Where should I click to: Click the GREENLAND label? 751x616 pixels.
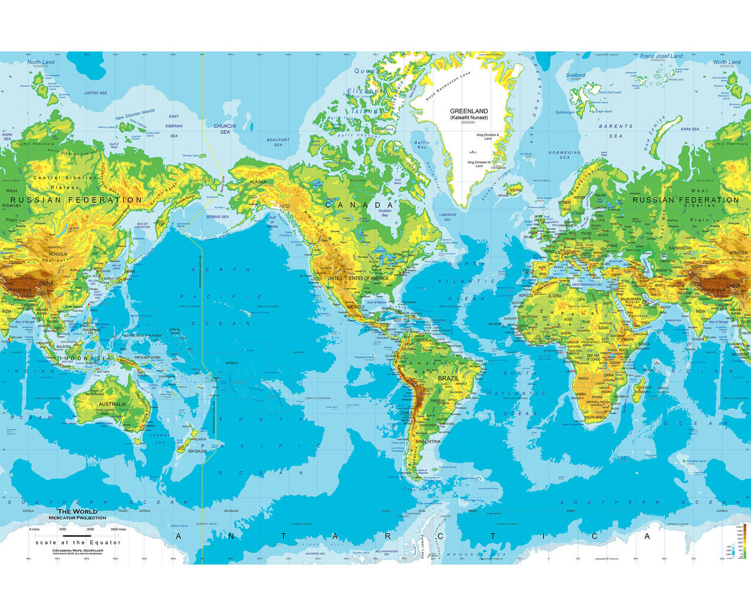pos(469,111)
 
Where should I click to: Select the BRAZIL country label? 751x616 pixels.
pos(448,379)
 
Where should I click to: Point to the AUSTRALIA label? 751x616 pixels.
pos(112,404)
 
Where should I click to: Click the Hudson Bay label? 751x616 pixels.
pos(385,213)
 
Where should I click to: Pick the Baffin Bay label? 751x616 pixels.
pos(422,144)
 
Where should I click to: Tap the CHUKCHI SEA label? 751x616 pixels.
pos(225,129)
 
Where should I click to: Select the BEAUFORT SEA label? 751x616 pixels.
pos(278,142)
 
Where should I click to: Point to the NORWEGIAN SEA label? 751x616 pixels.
pos(564,155)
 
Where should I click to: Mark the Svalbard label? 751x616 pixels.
pos(576,75)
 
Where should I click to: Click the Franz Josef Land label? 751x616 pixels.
pos(661,56)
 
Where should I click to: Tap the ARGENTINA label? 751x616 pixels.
pos(428,441)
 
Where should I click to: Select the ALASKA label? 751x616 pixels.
pos(258,182)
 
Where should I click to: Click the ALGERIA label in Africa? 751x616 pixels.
pos(554,296)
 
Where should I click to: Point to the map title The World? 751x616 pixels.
pos(77,511)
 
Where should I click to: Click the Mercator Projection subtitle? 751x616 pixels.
pos(77,518)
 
